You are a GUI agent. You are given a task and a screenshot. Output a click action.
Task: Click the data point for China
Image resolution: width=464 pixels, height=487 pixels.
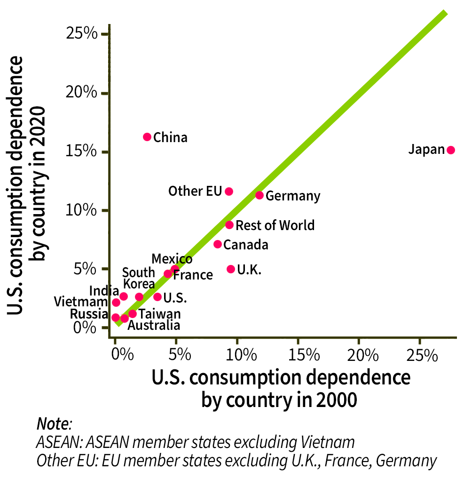tap(147, 137)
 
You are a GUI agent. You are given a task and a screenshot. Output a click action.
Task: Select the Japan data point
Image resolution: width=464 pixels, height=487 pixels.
tap(451, 150)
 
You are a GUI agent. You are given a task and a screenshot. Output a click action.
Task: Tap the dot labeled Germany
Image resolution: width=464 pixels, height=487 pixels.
tap(260, 195)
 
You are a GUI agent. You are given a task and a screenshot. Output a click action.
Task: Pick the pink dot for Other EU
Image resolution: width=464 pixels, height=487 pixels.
tap(229, 192)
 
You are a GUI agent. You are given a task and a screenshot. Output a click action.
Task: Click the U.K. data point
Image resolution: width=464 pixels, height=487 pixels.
tap(231, 269)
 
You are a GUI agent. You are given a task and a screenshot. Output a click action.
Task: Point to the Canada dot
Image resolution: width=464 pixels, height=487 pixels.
tap(218, 244)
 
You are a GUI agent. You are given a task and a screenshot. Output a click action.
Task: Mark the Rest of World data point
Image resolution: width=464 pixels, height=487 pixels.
tap(229, 225)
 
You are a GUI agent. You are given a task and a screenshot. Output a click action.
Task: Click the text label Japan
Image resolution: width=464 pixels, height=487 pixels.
tap(426, 150)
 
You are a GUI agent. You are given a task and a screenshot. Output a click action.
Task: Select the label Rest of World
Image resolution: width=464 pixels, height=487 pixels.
tap(275, 225)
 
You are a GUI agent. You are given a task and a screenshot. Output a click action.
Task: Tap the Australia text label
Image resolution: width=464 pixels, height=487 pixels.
tap(154, 325)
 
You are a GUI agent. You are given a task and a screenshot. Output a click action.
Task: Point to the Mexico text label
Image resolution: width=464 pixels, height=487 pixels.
tap(172, 259)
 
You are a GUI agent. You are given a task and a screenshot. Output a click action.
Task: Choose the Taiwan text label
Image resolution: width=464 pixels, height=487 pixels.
tap(159, 314)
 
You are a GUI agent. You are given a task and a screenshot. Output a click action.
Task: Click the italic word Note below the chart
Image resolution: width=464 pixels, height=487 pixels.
tap(53, 423)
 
